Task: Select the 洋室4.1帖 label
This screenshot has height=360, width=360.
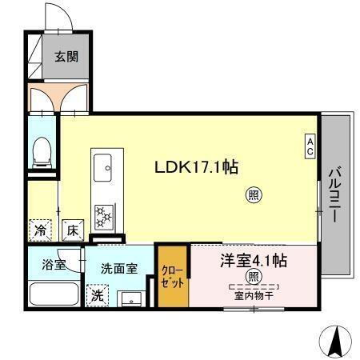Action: click(254, 260)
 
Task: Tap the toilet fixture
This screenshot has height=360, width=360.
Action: click(42, 152)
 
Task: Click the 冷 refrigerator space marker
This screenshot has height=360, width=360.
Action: click(40, 230)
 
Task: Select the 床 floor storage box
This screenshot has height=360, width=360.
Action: click(71, 230)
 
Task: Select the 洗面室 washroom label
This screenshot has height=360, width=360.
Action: click(118, 270)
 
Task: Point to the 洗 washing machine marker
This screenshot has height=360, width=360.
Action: click(96, 295)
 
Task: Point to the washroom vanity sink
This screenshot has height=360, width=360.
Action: click(130, 298)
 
